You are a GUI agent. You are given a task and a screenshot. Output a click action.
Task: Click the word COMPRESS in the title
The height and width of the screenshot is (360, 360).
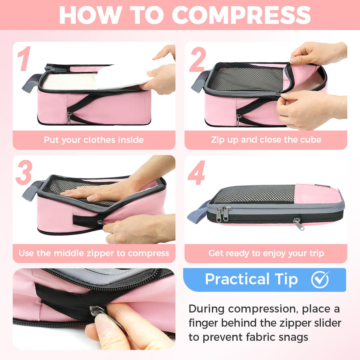pyautogui.click(x=242, y=15)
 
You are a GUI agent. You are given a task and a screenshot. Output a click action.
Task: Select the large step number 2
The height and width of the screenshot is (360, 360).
pyautogui.click(x=197, y=59)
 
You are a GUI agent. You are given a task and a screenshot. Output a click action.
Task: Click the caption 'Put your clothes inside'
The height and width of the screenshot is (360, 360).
pyautogui.click(x=94, y=140)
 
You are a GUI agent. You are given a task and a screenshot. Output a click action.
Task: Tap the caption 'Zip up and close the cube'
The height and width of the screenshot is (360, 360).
pyautogui.click(x=266, y=140)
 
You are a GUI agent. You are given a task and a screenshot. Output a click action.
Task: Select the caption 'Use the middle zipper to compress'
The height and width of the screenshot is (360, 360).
pyautogui.click(x=94, y=253)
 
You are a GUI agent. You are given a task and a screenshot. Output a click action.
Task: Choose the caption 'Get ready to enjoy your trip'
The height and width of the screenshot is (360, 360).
pyautogui.click(x=266, y=253)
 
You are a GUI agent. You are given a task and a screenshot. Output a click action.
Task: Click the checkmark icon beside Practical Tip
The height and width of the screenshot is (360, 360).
pyautogui.click(x=320, y=279)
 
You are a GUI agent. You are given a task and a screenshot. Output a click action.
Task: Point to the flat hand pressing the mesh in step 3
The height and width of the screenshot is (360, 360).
pyautogui.click(x=95, y=193)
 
